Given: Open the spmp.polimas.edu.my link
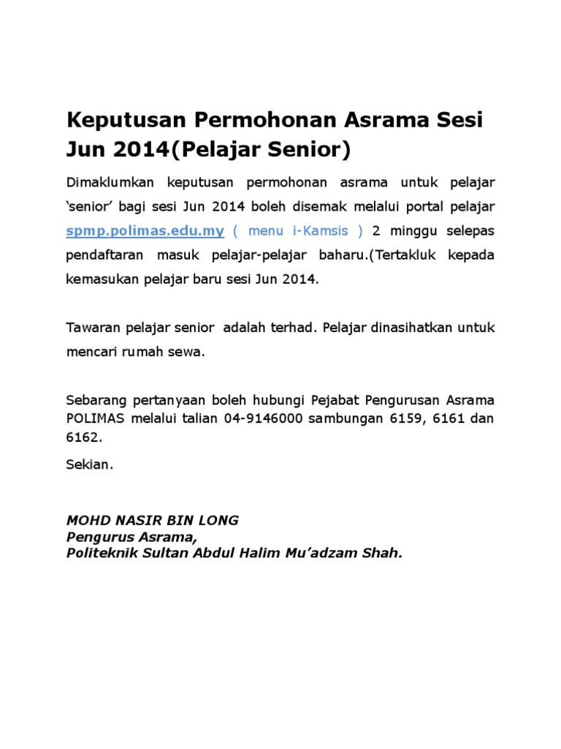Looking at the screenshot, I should tap(145, 231).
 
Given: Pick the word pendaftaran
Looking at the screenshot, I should tap(105, 256).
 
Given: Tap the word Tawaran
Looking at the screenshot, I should tap(91, 327).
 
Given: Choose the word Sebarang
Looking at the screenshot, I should tap(94, 401).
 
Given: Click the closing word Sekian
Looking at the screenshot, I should tap(90, 465).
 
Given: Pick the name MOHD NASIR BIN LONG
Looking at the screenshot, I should tap(153, 521).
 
